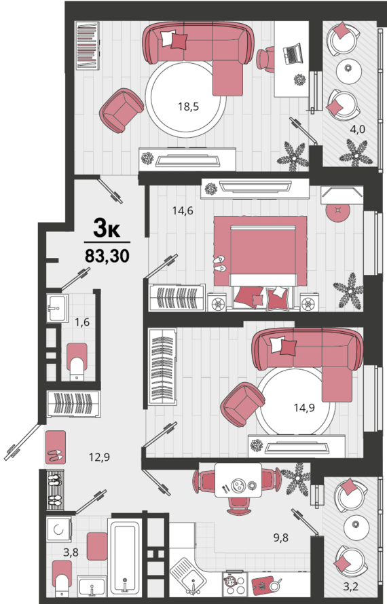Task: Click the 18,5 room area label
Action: click(x=188, y=107)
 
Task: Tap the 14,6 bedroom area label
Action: click(x=183, y=210)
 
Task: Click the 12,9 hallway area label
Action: click(x=99, y=457)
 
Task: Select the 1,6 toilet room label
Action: click(x=81, y=322)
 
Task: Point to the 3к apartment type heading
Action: click(x=107, y=229)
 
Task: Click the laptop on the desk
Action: click(x=293, y=52)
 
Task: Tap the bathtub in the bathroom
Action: click(x=127, y=559)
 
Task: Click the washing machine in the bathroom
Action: click(x=60, y=529)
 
